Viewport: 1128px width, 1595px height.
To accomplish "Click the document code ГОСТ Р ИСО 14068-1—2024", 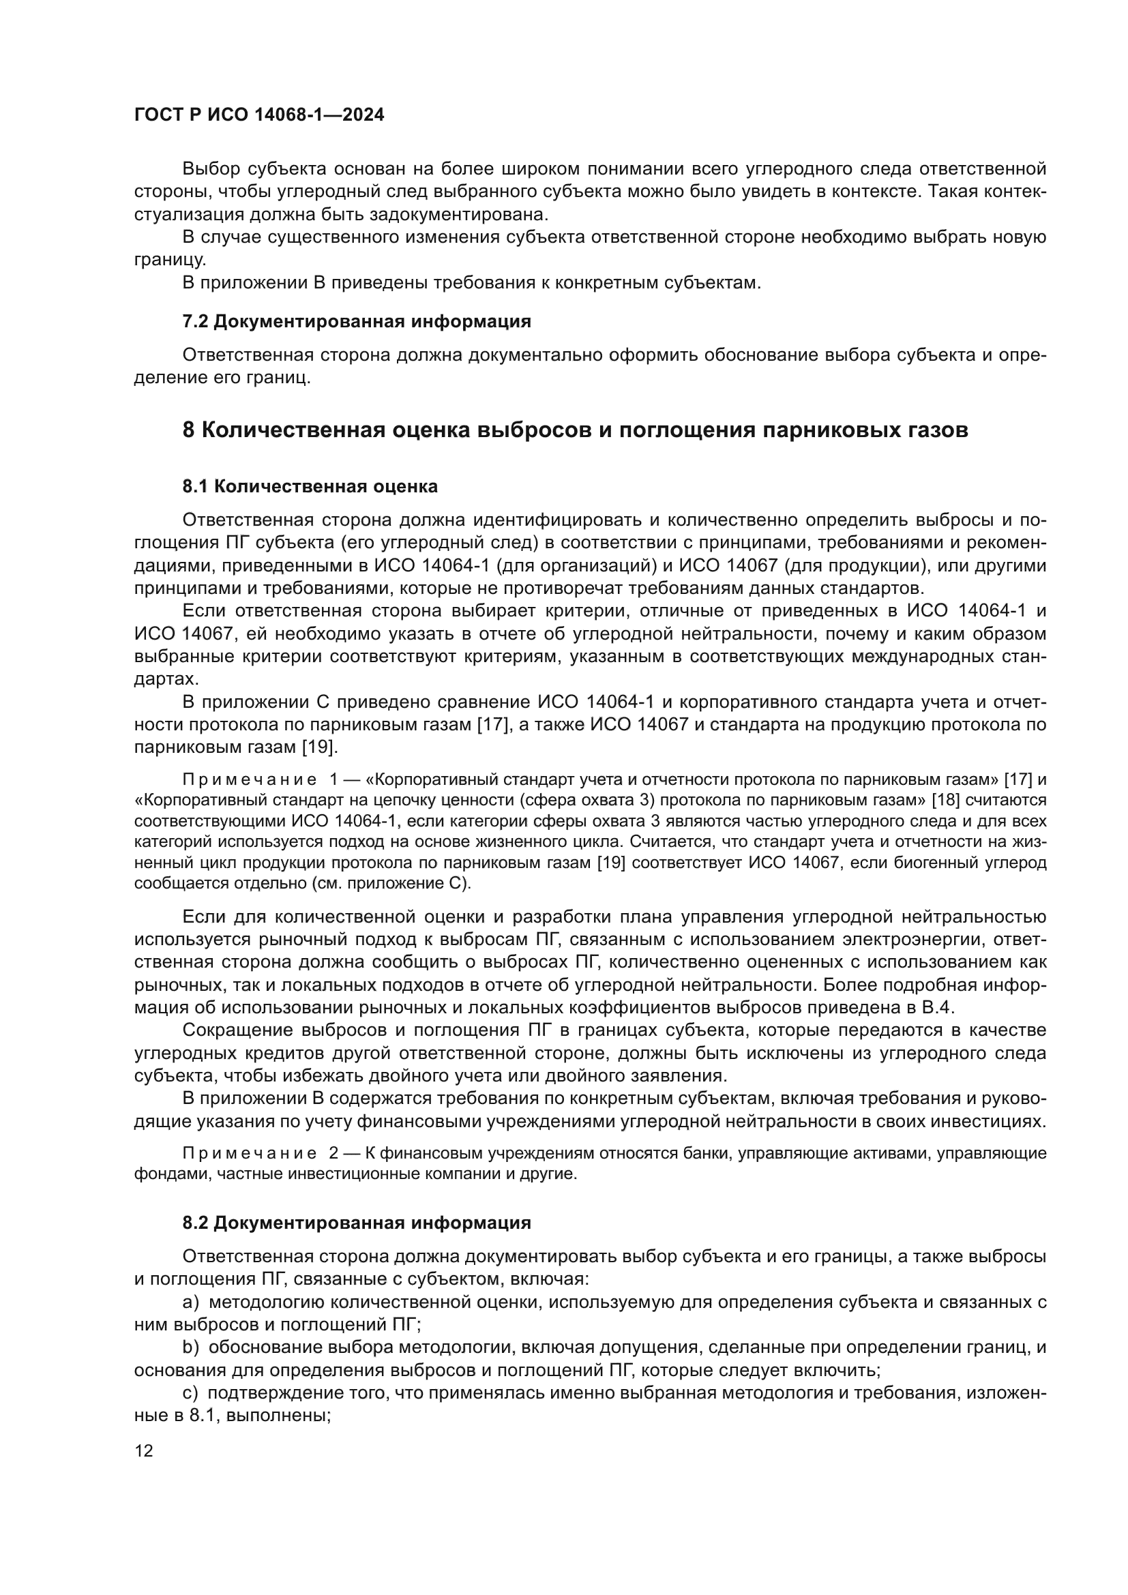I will [258, 115].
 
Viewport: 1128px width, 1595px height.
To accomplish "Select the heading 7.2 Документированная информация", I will [356, 322].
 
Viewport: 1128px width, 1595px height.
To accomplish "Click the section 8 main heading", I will [574, 430].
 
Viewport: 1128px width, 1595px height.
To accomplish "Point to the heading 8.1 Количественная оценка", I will [310, 486].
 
